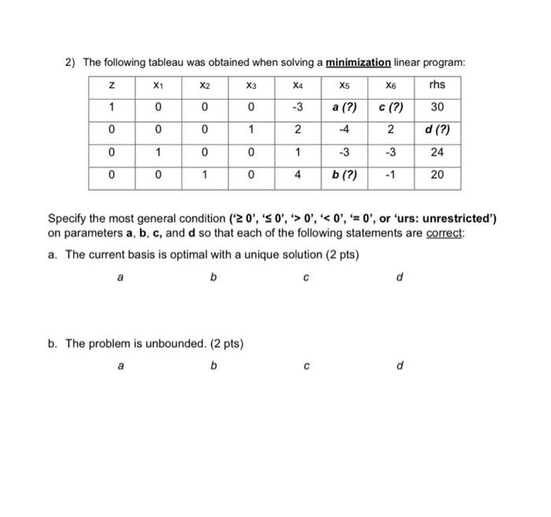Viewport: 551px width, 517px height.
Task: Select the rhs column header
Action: [x=438, y=84]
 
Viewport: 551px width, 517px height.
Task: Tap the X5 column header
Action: [x=343, y=84]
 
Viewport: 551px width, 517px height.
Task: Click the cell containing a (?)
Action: [x=343, y=107]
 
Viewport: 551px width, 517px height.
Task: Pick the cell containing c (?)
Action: [x=391, y=107]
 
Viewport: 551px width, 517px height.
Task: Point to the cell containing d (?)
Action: [x=438, y=129]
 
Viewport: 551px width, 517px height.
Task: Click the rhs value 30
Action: [x=438, y=107]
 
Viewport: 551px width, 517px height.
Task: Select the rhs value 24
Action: [x=438, y=152]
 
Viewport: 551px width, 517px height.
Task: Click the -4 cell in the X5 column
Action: [x=343, y=129]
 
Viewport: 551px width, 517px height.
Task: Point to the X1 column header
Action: [x=157, y=84]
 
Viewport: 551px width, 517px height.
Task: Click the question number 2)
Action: [x=69, y=62]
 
